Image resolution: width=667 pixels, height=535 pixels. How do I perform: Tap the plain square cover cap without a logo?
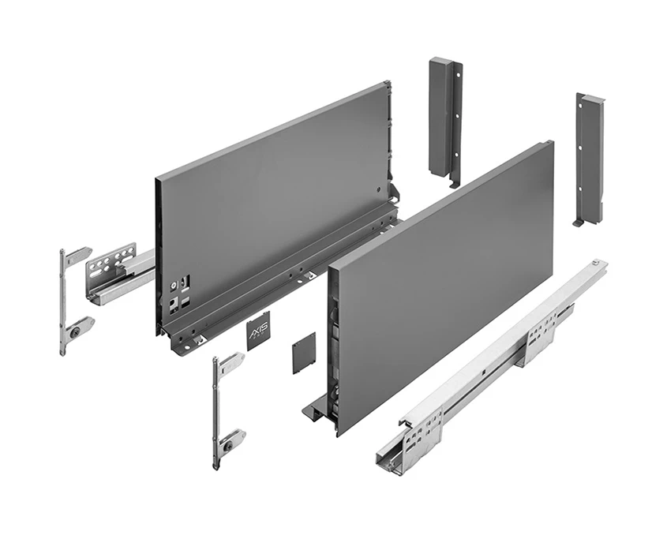[304, 352]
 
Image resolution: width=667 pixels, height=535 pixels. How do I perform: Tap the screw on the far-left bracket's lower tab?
[75, 333]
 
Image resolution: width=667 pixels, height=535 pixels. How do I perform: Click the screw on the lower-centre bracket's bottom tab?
[228, 445]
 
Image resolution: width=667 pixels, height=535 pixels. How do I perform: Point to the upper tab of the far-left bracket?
[78, 255]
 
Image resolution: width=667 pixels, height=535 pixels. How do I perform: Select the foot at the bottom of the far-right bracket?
[579, 222]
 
